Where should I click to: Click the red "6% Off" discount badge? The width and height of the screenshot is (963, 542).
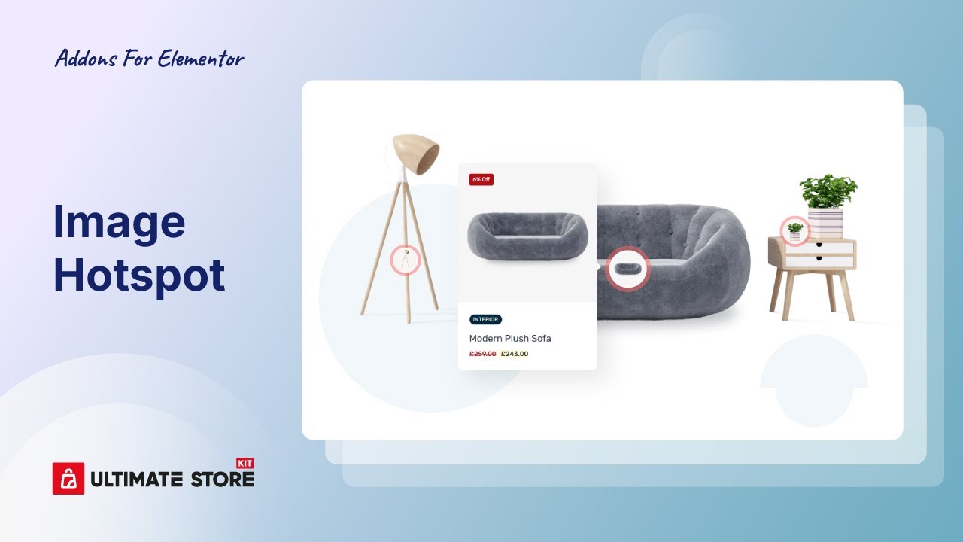(481, 179)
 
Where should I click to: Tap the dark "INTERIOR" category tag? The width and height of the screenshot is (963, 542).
(485, 320)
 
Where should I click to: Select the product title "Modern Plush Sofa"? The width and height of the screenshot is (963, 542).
(510, 339)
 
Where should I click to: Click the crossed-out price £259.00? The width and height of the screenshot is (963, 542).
(482, 354)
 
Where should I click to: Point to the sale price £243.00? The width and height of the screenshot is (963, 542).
(515, 354)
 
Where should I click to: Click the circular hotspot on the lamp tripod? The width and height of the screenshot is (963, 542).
(405, 260)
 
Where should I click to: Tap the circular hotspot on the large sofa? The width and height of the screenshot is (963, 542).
(627, 269)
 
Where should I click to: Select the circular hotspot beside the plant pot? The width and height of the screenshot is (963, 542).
(795, 231)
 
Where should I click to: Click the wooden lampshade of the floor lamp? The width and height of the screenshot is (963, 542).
(416, 154)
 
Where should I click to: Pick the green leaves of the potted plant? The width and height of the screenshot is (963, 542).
(828, 191)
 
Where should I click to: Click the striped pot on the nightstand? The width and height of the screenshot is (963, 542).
(825, 224)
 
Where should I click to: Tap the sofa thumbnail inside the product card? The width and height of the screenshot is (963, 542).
(527, 236)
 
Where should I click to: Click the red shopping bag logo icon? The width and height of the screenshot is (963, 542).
(68, 478)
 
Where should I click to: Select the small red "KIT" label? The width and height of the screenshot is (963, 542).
(245, 463)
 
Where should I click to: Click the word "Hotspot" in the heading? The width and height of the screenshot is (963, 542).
(139, 276)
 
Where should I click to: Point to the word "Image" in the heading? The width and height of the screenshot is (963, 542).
(119, 224)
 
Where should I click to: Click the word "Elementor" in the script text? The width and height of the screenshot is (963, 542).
(201, 59)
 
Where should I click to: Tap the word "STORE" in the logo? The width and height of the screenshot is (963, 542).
(222, 480)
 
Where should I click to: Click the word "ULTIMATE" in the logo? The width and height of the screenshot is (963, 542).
(137, 480)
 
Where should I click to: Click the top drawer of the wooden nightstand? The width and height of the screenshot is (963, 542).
(819, 247)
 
